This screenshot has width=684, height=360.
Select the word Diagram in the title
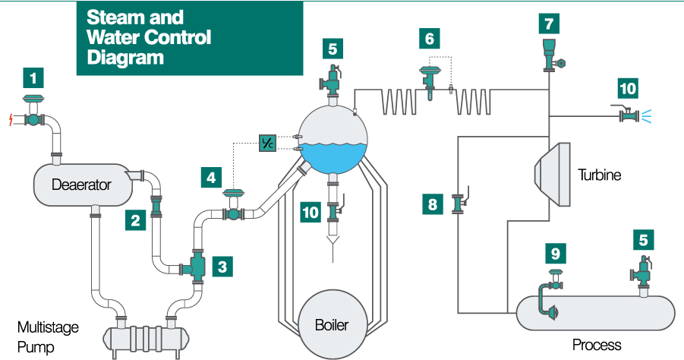point(126,57)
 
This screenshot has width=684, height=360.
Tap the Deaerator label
point(81,185)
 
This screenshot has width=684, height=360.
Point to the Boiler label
point(332,325)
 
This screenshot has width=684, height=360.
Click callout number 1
point(33,78)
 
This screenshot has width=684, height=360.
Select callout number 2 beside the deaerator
point(135,222)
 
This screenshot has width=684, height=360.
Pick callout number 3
point(222,267)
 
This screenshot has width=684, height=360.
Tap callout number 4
point(211,179)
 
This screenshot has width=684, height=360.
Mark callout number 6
point(430,39)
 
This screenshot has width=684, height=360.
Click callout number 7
point(549,24)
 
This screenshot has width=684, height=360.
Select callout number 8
point(432,204)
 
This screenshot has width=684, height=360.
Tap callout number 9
point(556,254)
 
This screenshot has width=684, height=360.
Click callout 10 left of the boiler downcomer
point(310,213)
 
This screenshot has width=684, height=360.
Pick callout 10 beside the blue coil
point(628,88)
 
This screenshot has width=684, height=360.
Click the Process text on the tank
point(597,345)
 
